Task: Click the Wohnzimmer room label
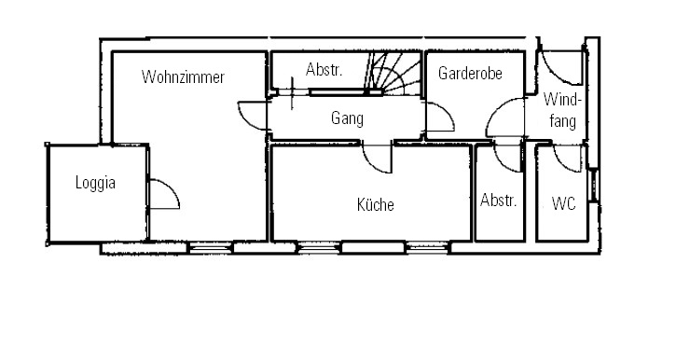[x=183, y=77]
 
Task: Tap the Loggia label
[x=95, y=183]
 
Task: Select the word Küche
[x=376, y=204]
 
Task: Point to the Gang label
[x=347, y=118]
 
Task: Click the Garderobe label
[x=470, y=74]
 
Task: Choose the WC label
[x=563, y=203]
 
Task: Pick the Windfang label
[x=562, y=110]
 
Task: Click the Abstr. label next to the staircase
[x=324, y=69]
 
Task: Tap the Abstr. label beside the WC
[x=499, y=200]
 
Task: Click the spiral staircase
[x=393, y=74]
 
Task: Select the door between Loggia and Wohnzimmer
[x=164, y=194]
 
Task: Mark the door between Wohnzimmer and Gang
[x=253, y=116]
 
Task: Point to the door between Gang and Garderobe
[x=440, y=117]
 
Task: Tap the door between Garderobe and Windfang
[x=505, y=118]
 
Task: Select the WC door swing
[x=568, y=159]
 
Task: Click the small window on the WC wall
[x=594, y=186]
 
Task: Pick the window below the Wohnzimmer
[x=211, y=248]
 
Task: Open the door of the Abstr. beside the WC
[x=507, y=157]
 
